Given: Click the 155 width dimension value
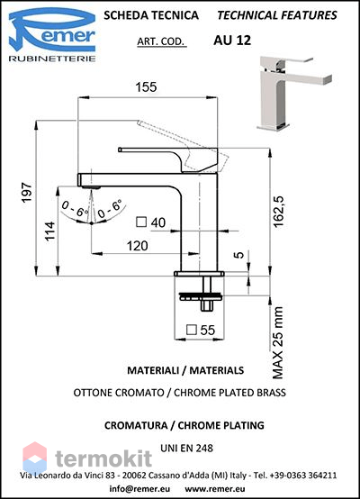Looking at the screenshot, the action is (147, 86).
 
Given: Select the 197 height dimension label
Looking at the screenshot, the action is (27, 192).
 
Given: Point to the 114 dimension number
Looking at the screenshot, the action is (49, 231).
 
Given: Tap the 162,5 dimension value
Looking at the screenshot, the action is (278, 212).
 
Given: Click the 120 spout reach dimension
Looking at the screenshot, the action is (138, 246).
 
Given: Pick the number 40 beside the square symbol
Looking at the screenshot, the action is (158, 222).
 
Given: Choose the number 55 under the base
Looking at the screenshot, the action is (208, 330).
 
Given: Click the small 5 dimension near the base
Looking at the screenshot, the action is (239, 255).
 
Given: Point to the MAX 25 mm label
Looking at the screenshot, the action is (278, 343).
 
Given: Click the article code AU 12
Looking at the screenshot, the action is (232, 41).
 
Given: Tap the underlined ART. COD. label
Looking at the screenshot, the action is (161, 41).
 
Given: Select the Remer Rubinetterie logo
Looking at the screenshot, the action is (52, 35).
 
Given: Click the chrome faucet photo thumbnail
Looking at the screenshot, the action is (294, 94).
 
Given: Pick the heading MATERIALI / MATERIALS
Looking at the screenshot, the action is (185, 370).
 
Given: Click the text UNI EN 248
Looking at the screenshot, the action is (186, 448).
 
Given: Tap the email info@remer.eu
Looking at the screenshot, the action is (139, 488).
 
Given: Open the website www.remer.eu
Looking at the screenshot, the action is (215, 489).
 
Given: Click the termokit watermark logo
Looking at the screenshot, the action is (87, 458).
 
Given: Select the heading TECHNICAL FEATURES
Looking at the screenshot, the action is (277, 15).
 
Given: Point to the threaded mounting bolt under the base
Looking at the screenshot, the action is (206, 293).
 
